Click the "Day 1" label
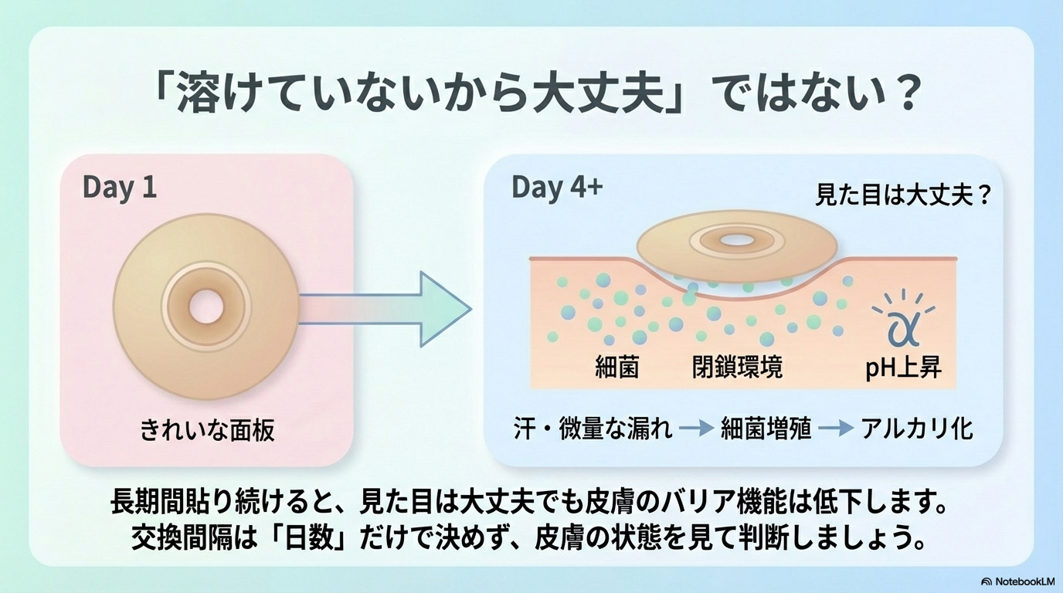click(120, 188)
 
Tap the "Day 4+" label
click(557, 188)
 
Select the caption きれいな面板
click(207, 430)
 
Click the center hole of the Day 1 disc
click(206, 306)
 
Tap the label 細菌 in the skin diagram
click(617, 367)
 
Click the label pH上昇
click(904, 367)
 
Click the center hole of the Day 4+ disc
click(736, 240)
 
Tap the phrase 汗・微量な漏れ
click(593, 429)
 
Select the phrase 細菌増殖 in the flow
click(766, 429)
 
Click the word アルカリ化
click(917, 429)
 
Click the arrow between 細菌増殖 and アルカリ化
click(836, 429)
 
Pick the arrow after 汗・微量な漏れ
click(697, 429)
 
